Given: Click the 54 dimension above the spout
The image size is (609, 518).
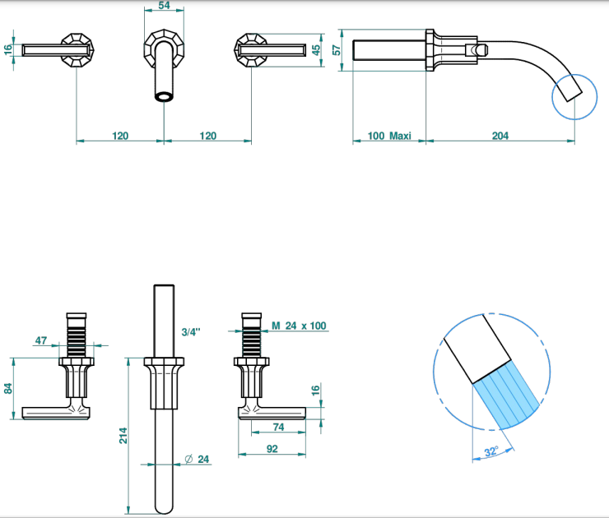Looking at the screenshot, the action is click(165, 6).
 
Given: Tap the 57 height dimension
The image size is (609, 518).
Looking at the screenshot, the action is click(337, 50).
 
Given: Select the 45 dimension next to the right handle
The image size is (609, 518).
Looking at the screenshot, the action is click(316, 50).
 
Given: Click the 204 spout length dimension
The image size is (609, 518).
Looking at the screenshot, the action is click(500, 136).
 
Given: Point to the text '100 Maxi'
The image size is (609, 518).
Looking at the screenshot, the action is click(389, 136).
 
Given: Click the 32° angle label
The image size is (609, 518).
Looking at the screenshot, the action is click(491, 451).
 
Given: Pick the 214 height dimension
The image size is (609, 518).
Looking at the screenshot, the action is click(123, 435).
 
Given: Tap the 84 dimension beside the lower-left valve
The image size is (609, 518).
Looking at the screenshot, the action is click(8, 388).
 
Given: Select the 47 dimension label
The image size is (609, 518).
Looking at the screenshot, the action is click(41, 340).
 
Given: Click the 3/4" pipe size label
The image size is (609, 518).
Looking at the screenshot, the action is click(191, 331).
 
